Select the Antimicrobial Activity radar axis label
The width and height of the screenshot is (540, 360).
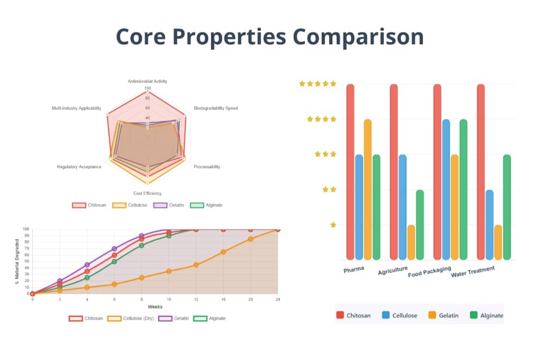point(147,81)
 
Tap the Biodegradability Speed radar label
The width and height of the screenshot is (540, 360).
point(216,108)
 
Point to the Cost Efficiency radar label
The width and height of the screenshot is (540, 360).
point(147,193)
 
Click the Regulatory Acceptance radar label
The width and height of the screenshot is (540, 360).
point(79,167)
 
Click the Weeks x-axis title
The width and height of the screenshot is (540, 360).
point(155,307)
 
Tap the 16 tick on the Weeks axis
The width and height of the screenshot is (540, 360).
point(223,299)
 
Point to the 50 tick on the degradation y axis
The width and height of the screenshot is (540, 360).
point(26,261)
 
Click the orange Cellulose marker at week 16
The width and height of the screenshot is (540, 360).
point(223,252)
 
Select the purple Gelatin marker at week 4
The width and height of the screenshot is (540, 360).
point(87,265)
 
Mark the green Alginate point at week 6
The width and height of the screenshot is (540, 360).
point(114,261)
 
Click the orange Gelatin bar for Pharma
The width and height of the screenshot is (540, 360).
point(368,189)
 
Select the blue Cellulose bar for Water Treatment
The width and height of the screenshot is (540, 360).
point(489,225)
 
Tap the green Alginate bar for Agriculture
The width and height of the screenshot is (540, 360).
point(420,225)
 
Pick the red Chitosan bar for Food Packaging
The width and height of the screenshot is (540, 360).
point(437,172)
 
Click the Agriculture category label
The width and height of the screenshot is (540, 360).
point(393,271)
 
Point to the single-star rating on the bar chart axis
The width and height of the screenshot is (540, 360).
point(333,225)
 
